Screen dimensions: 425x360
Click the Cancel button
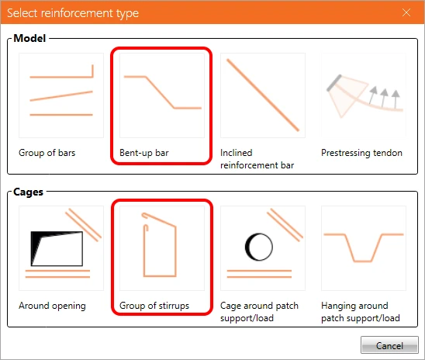(389, 344)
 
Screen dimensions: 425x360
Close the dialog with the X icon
(406, 12)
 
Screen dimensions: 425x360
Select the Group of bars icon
(61, 95)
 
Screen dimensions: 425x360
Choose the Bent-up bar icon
(162, 95)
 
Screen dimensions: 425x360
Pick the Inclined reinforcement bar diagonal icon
(263, 95)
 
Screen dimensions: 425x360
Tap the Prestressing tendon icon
(364, 95)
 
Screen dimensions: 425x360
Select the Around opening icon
(61, 248)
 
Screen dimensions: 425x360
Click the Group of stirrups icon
(162, 248)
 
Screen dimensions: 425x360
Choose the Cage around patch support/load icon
(263, 248)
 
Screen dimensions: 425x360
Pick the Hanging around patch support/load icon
(364, 248)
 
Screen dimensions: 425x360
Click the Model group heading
(29, 38)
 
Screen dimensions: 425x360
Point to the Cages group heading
(29, 192)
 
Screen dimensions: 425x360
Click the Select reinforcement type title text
(73, 13)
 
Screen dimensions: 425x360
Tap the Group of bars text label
(47, 153)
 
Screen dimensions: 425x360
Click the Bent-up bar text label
(144, 153)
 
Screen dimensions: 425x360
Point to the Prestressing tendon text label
(361, 153)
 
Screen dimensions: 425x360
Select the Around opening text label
(52, 306)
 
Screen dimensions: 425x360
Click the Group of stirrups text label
(154, 306)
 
